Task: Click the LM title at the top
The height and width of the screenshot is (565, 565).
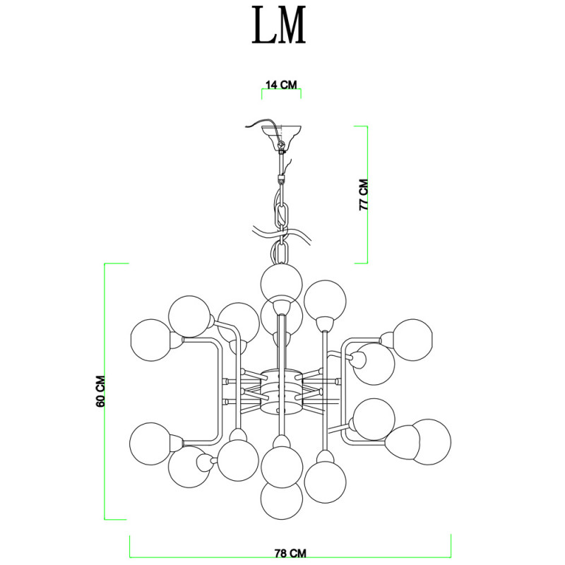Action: click(278, 25)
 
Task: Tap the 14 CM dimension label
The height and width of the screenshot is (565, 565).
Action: click(281, 85)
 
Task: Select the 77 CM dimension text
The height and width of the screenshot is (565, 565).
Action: click(364, 195)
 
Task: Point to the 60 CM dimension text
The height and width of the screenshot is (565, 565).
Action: click(100, 391)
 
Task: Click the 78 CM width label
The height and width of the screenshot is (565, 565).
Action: click(290, 553)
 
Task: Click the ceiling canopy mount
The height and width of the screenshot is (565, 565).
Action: click(281, 138)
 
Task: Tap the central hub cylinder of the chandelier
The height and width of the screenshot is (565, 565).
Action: click(281, 391)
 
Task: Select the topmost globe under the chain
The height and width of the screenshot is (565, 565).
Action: click(281, 284)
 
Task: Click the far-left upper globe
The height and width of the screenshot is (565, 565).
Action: click(151, 340)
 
